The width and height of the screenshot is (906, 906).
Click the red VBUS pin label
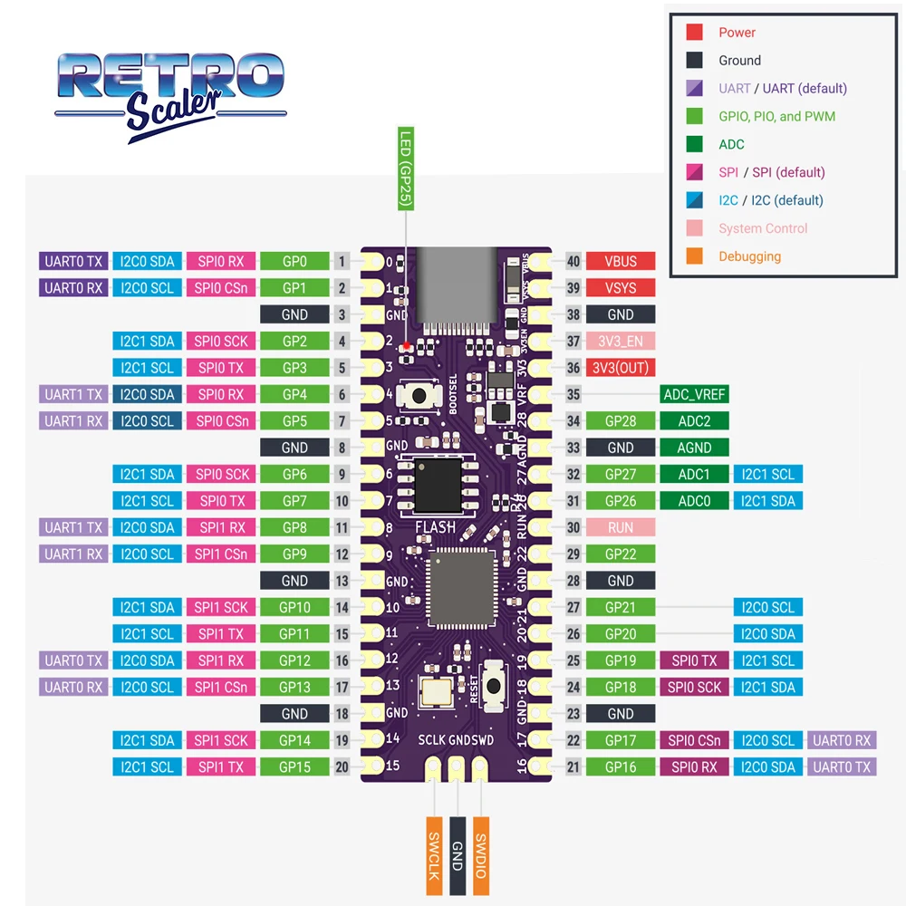tap(621, 262)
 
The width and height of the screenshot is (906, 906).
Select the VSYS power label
tap(621, 288)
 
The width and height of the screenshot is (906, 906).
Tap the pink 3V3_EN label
tap(621, 342)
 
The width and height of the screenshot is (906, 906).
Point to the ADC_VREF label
tap(694, 395)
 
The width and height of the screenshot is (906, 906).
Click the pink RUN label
tap(621, 527)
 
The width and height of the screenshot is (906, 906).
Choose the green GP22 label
tap(621, 554)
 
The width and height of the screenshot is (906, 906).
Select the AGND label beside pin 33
tap(694, 448)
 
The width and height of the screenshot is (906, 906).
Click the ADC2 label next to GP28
tap(694, 421)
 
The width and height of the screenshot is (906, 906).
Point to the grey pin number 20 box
tap(342, 767)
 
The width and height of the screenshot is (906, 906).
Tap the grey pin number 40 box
tap(573, 262)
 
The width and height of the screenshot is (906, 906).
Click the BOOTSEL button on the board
tap(420, 395)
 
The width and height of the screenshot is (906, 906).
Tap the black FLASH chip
tap(438, 480)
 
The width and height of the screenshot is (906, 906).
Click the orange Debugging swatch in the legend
tap(694, 256)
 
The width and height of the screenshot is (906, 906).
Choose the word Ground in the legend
tap(739, 61)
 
